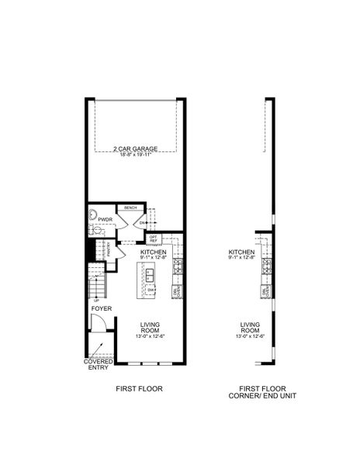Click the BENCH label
tap(130, 208)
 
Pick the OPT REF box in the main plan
tap(154, 238)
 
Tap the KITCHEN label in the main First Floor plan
tap(154, 252)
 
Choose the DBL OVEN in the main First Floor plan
tap(177, 291)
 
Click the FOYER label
tap(102, 309)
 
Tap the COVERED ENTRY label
tap(99, 365)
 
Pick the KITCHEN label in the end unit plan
tap(242, 252)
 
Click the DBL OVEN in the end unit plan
tap(266, 291)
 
